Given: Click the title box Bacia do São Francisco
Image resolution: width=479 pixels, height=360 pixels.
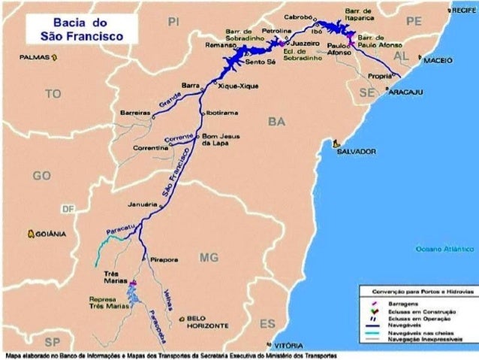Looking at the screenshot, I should (x=82, y=29).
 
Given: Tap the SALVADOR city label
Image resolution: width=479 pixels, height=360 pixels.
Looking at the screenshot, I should (x=357, y=151).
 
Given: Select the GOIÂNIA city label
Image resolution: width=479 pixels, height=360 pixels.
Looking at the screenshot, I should (x=51, y=234).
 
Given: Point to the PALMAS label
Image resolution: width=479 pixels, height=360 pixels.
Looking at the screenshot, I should (x=35, y=56).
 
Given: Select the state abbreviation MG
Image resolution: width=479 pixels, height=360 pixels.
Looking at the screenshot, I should (x=209, y=258).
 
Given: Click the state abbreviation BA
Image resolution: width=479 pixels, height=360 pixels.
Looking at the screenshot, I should (x=277, y=121).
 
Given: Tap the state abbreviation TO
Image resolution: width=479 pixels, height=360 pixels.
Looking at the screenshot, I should (x=53, y=94).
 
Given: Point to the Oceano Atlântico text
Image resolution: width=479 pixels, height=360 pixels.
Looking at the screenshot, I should (x=446, y=247).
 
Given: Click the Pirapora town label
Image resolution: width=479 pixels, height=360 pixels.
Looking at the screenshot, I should (x=164, y=259).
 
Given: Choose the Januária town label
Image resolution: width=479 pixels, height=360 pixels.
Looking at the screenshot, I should (x=142, y=204).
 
